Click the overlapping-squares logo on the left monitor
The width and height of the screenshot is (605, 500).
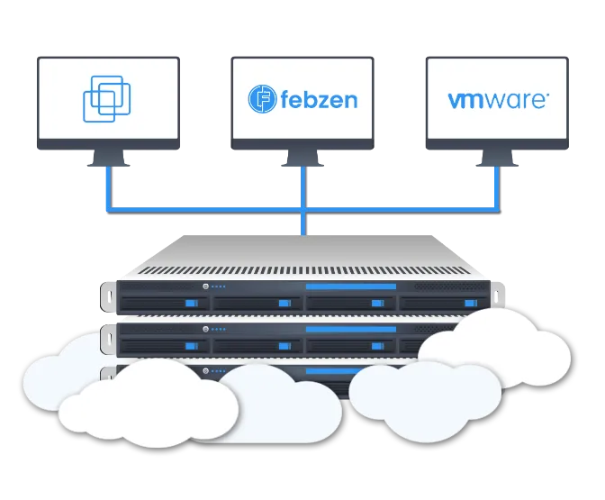tap(107, 100)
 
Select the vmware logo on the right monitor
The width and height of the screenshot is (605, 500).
tap(496, 98)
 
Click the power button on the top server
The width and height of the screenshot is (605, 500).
tap(206, 287)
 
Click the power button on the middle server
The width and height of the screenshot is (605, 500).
tap(206, 329)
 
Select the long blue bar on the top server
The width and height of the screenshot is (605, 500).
tap(351, 287)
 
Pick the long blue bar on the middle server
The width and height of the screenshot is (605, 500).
tap(351, 329)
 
